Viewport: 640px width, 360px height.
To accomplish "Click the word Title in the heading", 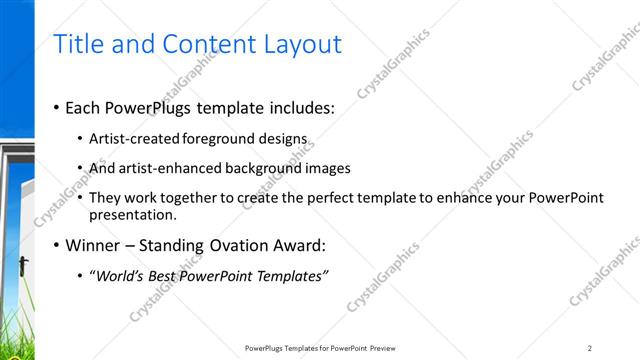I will click(75, 44).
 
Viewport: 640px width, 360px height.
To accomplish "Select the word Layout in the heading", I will click(303, 44).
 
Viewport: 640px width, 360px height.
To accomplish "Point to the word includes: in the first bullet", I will click(301, 108).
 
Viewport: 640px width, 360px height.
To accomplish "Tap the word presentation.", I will click(133, 214).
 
